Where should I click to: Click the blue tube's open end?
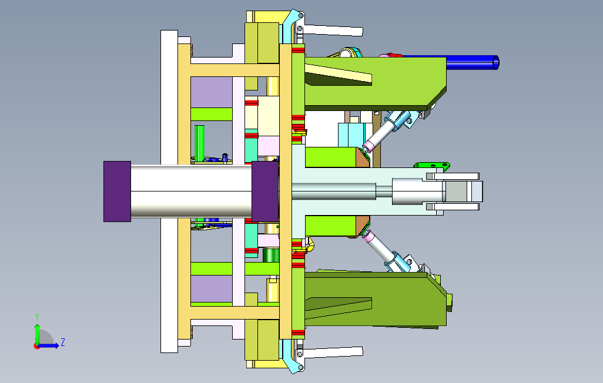pyautogui.click(x=495, y=63)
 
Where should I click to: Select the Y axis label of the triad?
pyautogui.click(x=37, y=317)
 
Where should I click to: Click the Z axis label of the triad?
pyautogui.click(x=63, y=342)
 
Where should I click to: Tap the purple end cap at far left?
pyautogui.click(x=118, y=192)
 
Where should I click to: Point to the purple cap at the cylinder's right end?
pyautogui.click(x=265, y=192)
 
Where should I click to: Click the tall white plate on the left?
pyautogui.click(x=169, y=192)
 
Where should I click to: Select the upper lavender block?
pyautogui.click(x=212, y=92)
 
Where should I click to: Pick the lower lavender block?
pyautogui.click(x=212, y=288)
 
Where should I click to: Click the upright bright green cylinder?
pyautogui.click(x=199, y=143)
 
